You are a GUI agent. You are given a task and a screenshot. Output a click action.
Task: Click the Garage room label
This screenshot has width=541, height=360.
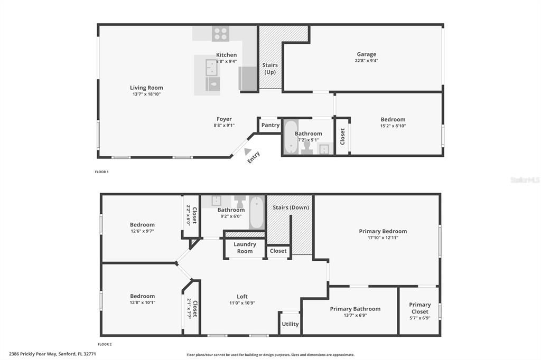pos(366,54)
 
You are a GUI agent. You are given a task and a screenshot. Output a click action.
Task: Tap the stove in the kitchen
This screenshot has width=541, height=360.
pos(220,34)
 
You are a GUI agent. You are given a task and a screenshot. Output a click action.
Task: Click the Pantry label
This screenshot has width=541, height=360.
pos(270,125)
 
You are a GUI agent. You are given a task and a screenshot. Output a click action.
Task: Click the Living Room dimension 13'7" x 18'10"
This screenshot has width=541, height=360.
pos(146,94)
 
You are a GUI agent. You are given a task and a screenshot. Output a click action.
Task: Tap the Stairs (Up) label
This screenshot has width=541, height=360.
pos(270,68)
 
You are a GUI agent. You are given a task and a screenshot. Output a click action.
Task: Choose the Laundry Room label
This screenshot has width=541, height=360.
pos(245,248)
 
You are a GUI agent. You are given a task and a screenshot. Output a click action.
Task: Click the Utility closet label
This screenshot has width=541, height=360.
pos(290,324)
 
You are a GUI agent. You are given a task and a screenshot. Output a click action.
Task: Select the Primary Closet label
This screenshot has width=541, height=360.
pos(419,308)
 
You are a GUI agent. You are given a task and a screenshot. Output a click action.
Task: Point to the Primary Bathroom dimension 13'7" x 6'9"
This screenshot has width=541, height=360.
pos(355,316)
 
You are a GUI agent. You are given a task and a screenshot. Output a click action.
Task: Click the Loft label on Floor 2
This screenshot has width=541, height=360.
pos(242,296)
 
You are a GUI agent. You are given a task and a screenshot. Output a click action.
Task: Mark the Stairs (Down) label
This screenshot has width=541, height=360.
pos(291,207)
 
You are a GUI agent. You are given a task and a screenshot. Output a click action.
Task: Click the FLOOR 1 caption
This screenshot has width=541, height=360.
pos(101,172)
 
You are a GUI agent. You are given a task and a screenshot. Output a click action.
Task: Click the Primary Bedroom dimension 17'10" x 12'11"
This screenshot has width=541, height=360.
pos(383,238)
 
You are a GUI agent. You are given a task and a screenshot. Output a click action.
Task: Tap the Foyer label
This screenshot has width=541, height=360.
pos(224,119)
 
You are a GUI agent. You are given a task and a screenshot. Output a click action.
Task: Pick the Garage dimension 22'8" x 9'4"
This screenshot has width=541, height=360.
pos(366,61)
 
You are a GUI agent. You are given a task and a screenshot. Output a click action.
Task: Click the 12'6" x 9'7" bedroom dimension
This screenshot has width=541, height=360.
pos(142,231)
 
